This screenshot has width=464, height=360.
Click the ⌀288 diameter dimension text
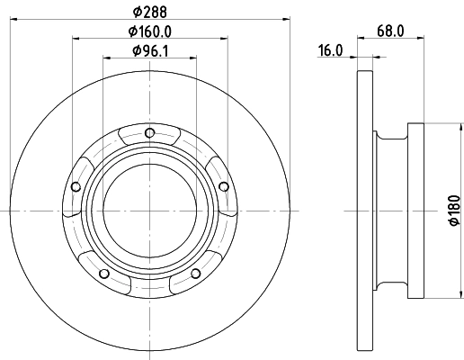click(149, 10)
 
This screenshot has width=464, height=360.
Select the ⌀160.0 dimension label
click(149, 31)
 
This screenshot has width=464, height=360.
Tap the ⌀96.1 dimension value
click(149, 51)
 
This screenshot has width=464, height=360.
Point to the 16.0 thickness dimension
click(331, 51)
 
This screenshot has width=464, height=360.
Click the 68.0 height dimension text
click(389, 31)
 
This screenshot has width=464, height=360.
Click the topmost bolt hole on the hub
click(149, 136)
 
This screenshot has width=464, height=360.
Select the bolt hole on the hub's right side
click(223, 186)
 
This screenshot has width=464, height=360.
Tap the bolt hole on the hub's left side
click(76, 187)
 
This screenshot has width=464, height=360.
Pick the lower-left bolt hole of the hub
click(104, 274)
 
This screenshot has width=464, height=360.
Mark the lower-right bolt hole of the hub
click(194, 274)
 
